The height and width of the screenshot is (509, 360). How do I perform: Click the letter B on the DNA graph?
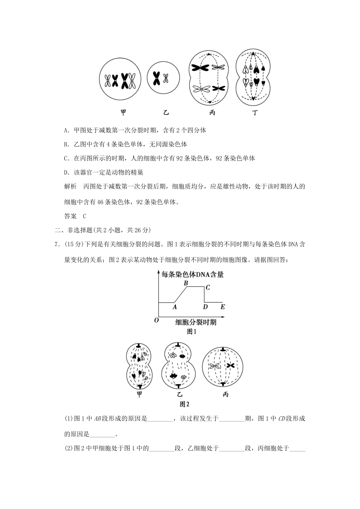[186, 283]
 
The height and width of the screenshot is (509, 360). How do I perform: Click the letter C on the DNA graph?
[208, 287]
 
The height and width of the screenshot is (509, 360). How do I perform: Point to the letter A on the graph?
[175, 307]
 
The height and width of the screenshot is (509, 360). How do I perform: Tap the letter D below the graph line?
[205, 307]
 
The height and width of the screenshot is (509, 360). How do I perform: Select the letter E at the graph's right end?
[222, 307]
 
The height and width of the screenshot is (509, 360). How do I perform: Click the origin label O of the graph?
[156, 320]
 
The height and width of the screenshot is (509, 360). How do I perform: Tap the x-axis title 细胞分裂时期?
[196, 322]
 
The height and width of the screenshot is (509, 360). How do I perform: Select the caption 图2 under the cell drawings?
[184, 404]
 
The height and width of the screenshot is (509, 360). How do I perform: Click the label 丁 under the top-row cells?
[254, 112]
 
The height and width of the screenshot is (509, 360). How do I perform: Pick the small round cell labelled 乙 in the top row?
[163, 79]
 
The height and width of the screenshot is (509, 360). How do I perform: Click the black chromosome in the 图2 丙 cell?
[230, 365]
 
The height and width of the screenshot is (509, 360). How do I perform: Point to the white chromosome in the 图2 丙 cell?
[215, 366]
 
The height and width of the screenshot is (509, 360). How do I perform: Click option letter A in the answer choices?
[66, 130]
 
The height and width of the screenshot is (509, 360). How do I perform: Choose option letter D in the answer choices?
[66, 173]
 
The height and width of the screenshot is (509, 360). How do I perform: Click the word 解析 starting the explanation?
[71, 187]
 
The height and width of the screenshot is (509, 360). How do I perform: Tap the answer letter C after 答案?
[85, 216]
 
